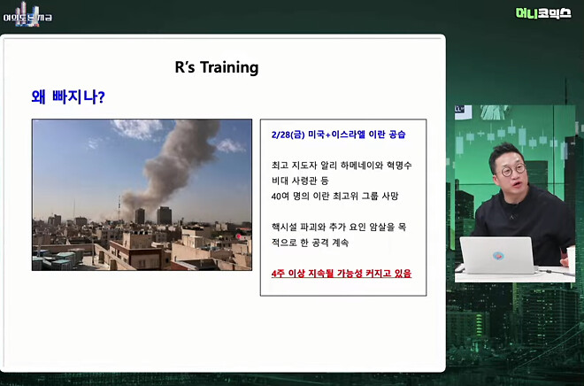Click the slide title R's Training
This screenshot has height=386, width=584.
(x=218, y=67)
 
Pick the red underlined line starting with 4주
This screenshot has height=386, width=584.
(x=342, y=274)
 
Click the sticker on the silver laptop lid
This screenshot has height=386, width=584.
(x=499, y=255)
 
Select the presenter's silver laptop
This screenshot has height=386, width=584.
(x=499, y=256)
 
